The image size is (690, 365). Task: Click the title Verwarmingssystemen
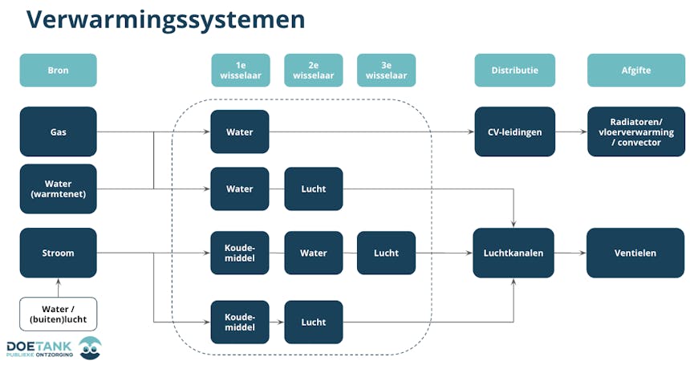165,20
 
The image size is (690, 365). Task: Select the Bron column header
58,71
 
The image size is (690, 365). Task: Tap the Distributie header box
514,71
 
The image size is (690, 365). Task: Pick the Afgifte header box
635,71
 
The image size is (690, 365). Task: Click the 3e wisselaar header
386,71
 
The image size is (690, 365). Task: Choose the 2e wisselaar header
313,71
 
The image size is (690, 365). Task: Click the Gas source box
58,132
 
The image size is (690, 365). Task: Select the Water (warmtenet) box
58,189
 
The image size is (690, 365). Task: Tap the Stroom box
58,253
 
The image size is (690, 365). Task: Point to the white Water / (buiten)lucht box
58,314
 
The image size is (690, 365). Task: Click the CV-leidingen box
514,132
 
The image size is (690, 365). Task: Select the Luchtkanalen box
513,253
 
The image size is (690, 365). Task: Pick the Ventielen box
635,253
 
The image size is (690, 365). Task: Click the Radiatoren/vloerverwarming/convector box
635,132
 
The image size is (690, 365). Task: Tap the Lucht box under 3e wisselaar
386,253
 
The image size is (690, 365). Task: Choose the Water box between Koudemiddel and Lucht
313,253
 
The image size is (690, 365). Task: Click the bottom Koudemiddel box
239,322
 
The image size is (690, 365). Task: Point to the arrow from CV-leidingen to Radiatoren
570,132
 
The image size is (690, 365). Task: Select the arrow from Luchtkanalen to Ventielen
570,253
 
